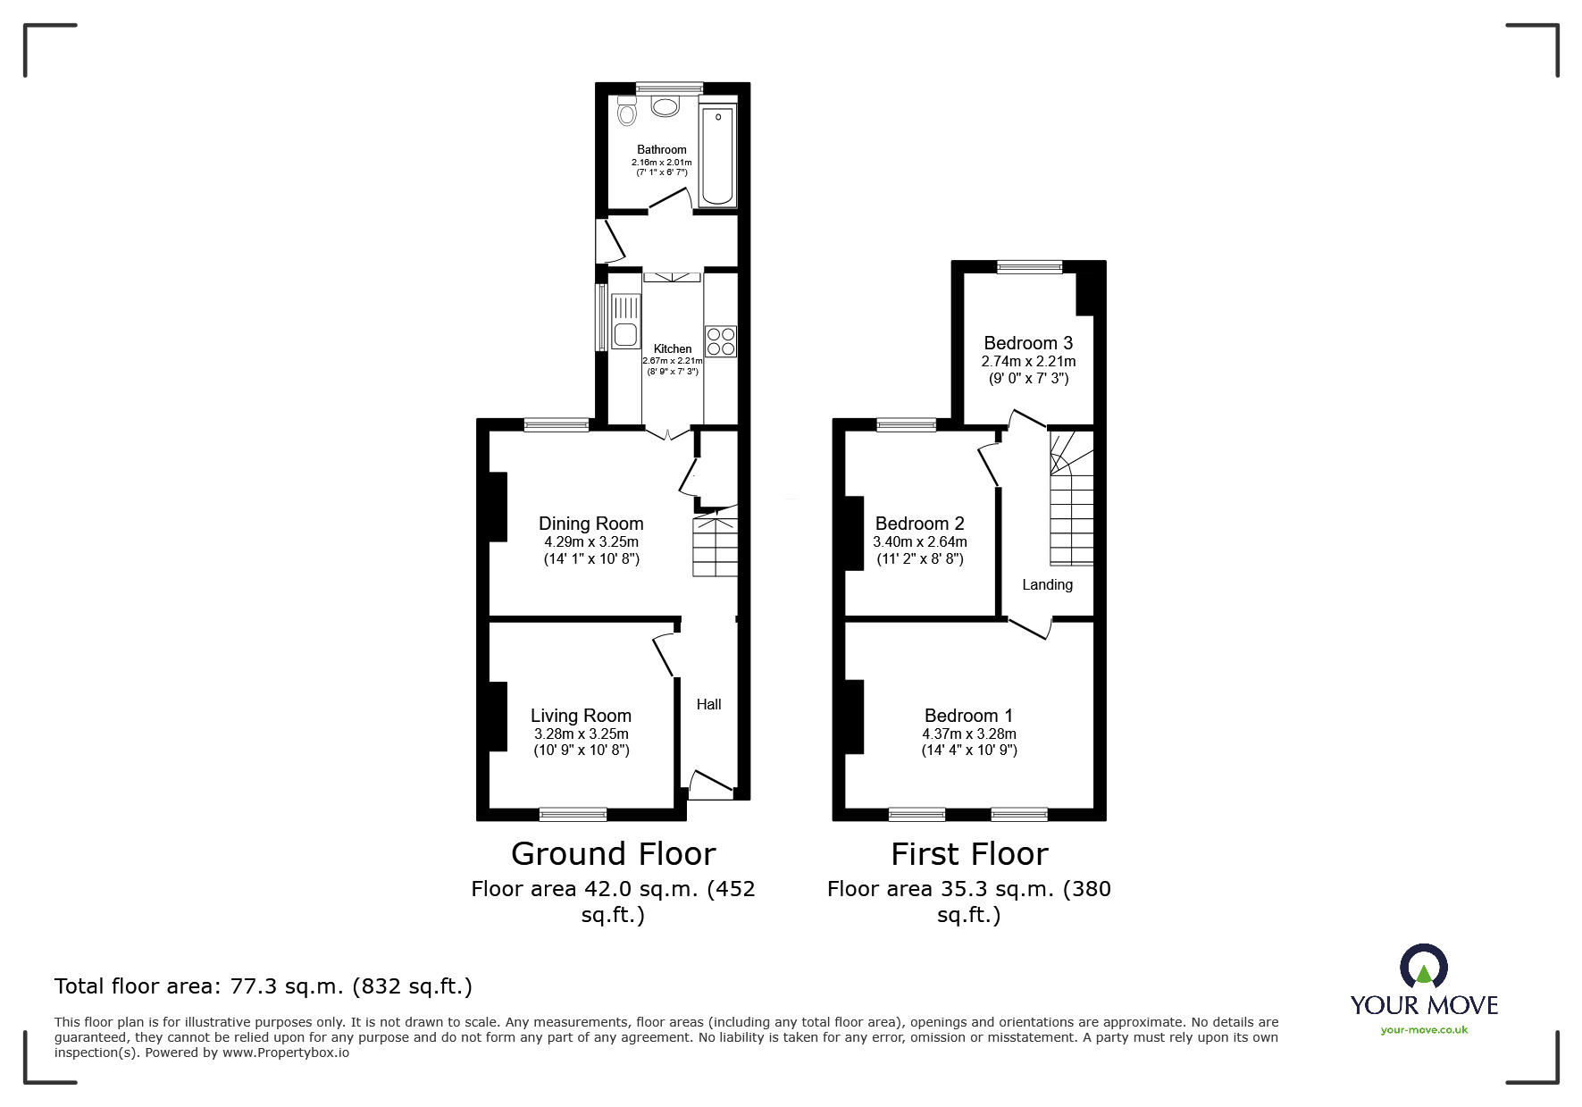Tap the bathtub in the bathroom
click(717, 155)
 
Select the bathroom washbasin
click(665, 107)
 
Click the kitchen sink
click(624, 322)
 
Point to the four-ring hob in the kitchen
click(721, 340)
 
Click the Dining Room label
click(590, 524)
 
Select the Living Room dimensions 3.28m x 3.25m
click(581, 734)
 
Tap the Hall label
click(708, 704)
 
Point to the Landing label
click(1047, 584)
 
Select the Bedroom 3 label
click(1028, 343)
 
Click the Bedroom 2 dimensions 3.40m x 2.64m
click(919, 541)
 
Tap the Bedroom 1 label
click(968, 716)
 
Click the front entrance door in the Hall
click(711, 786)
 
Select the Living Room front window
click(573, 813)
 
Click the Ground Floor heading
click(613, 854)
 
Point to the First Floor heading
click(968, 854)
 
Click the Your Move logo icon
click(1423, 968)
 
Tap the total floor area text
click(263, 986)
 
